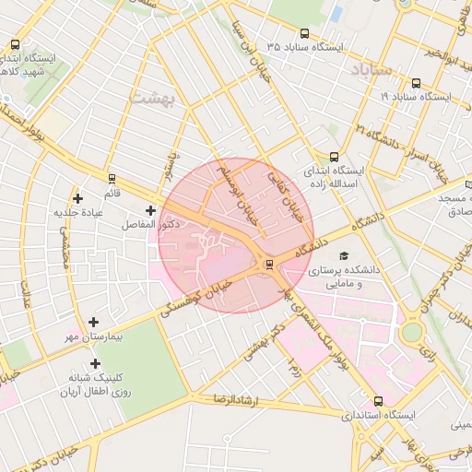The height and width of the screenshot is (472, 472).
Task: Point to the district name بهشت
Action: [x=151, y=98]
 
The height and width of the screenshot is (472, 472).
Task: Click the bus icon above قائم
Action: [x=112, y=179]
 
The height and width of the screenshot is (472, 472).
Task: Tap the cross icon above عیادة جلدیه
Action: [x=77, y=198]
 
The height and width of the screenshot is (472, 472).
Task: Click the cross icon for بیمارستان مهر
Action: [x=94, y=322]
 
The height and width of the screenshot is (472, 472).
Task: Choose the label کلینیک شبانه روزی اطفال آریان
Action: [x=93, y=385]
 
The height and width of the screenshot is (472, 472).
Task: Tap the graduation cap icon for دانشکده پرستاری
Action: [x=344, y=255]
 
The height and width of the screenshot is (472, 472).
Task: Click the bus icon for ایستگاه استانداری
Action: [x=378, y=401]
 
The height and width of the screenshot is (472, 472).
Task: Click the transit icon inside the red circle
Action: [x=268, y=265]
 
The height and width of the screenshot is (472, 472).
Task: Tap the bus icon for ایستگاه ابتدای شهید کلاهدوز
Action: [x=15, y=44]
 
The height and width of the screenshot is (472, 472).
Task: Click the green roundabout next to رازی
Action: [x=411, y=330]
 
